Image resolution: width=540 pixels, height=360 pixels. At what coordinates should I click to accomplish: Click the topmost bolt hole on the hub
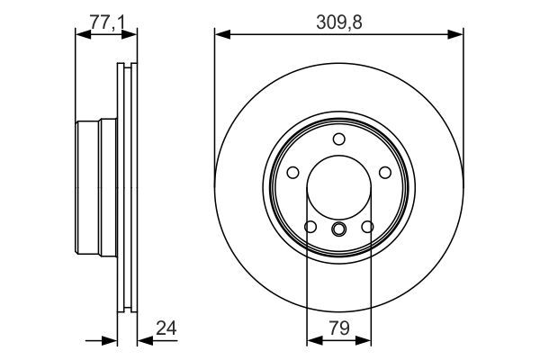coord(338,139)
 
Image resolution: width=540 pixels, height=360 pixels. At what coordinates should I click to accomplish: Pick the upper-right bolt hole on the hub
coord(385,173)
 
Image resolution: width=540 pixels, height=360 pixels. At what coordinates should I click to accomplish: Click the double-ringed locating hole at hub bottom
coord(338,229)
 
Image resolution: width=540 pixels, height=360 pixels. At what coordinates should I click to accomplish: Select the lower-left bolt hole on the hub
coord(309,227)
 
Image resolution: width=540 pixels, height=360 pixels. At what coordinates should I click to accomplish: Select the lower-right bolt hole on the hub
coord(368,227)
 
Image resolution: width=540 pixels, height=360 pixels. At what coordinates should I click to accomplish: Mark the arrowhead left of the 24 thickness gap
coord(112,341)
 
